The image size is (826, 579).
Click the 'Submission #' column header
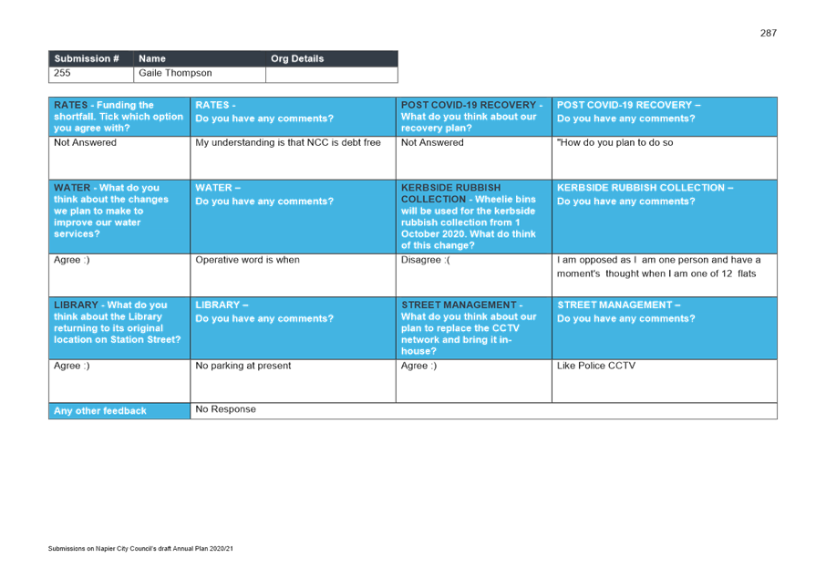coord(87,58)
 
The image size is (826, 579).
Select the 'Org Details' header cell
coord(297,58)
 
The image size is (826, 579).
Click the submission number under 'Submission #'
coord(62,73)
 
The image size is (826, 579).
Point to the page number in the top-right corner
coord(768,34)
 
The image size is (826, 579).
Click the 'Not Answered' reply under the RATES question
coord(85,142)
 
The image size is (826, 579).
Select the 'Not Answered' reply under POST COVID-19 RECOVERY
coord(432,142)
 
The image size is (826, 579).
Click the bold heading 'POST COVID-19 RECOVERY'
coord(469,105)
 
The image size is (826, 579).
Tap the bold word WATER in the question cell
coord(73,188)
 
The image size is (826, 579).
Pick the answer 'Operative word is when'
coord(247,260)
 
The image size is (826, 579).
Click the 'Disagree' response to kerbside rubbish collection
coord(426,260)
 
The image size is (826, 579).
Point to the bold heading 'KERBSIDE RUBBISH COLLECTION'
coord(450,193)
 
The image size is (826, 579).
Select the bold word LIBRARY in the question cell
coord(76,305)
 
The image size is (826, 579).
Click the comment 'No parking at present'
coord(243,366)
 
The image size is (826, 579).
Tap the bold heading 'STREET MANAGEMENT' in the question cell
coord(459,305)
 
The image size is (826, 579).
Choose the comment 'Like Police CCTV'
coord(596,366)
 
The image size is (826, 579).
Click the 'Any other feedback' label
coord(99,411)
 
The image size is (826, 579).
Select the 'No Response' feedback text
coord(225,409)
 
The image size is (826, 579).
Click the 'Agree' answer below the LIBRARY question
coord(72,366)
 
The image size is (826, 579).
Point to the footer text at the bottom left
coord(140,548)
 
